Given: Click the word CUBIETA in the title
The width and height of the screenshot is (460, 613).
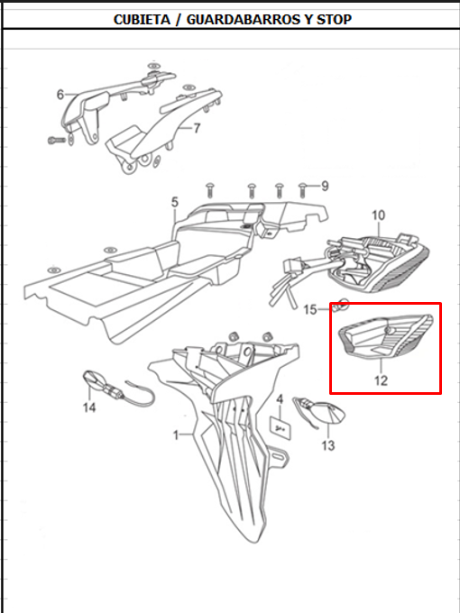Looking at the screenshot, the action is click(142, 20).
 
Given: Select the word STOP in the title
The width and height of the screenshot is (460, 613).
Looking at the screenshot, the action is click(334, 20).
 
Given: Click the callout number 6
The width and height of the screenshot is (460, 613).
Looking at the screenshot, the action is click(60, 95).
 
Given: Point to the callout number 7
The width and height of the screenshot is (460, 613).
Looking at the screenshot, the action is click(197, 128).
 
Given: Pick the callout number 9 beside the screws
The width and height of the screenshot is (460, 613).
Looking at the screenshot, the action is click(325, 187).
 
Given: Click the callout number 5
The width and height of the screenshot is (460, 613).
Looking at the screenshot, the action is click(174, 203).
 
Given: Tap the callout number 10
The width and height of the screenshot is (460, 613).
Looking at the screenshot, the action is click(378, 215).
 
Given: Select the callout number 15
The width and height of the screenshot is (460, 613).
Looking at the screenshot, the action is click(310, 310).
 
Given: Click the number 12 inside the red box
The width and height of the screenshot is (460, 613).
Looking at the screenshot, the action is click(381, 380).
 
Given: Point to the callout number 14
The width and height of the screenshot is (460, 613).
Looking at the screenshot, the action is click(89, 407).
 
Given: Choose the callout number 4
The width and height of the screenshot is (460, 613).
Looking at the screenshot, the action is click(280, 399).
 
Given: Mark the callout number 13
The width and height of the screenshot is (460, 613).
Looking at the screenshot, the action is click(328, 445).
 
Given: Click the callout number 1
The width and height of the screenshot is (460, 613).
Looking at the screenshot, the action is click(176, 435).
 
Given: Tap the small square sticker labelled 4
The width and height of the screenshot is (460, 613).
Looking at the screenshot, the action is click(281, 426).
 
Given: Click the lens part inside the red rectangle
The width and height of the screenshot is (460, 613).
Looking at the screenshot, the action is click(385, 337).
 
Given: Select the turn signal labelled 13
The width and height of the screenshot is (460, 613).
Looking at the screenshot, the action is click(320, 411).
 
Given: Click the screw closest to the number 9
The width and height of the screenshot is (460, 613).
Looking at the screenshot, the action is click(301, 189).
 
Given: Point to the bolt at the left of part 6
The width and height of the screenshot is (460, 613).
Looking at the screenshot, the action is click(57, 140).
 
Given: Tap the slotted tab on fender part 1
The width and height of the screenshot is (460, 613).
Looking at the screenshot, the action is click(278, 457).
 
